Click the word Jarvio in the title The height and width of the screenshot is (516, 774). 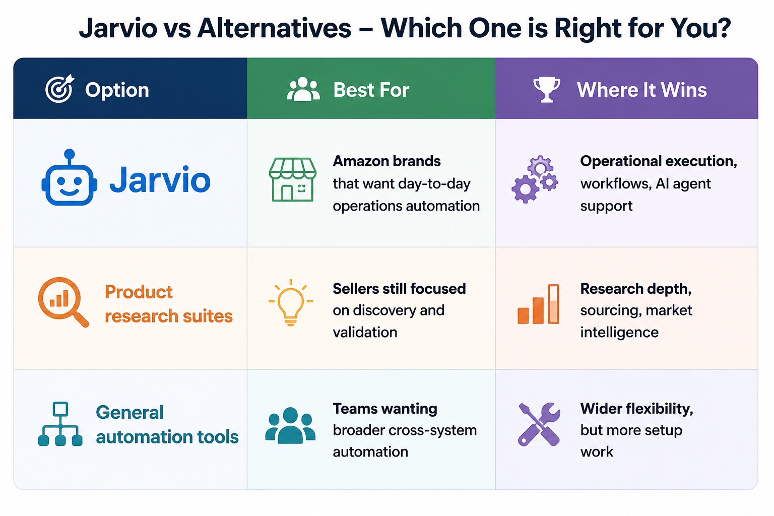(x=118, y=28)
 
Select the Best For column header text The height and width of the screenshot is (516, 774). (x=371, y=90)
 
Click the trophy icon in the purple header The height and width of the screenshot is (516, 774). (x=546, y=89)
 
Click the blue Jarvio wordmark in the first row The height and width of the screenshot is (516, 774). (x=160, y=179)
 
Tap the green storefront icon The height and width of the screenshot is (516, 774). (x=292, y=179)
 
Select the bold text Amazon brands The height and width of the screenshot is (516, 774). (x=386, y=161)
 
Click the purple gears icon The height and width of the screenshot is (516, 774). (x=535, y=179)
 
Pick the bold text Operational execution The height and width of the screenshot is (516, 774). (x=659, y=161)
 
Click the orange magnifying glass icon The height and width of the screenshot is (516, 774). (x=63, y=302)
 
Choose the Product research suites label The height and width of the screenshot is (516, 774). (x=169, y=304)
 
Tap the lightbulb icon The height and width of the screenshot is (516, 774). (x=291, y=302)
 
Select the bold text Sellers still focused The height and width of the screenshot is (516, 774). (x=399, y=289)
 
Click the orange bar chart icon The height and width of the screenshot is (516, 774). (x=538, y=304)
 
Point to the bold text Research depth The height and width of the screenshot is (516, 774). (x=636, y=289)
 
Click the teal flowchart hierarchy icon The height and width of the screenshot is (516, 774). (x=60, y=424)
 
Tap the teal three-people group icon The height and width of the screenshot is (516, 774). (x=290, y=425)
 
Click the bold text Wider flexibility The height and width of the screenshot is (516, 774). (x=636, y=409)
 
